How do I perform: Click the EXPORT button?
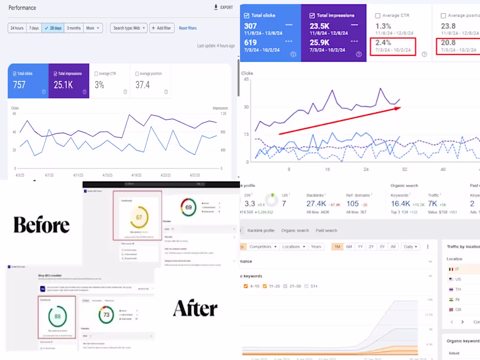[x=223, y=7]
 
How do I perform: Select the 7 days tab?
[x=34, y=28]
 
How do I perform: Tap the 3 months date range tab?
[x=74, y=28]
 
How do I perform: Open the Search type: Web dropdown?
[x=129, y=28]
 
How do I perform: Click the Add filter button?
[x=161, y=28]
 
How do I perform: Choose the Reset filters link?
[x=188, y=28]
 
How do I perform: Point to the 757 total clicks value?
[x=19, y=85]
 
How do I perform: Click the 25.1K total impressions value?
[x=63, y=85]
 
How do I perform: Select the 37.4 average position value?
[x=143, y=85]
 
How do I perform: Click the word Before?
[x=41, y=225]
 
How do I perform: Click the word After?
[x=195, y=309]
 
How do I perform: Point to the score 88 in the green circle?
[x=57, y=316]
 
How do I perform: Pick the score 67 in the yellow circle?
[x=138, y=217]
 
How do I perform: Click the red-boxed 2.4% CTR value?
[x=383, y=43]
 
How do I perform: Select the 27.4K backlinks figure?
[x=316, y=204]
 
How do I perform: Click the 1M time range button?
[x=337, y=247]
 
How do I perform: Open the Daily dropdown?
[x=411, y=247]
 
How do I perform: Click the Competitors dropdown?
[x=263, y=247]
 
